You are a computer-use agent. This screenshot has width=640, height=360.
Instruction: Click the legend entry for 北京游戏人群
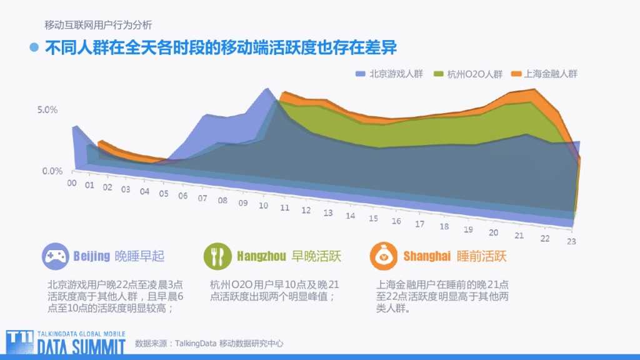(389, 74)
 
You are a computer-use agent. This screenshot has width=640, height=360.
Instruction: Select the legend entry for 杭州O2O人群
(468, 74)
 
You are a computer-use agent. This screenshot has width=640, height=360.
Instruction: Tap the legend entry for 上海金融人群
(544, 74)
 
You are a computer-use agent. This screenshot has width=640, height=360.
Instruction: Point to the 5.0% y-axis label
(47, 110)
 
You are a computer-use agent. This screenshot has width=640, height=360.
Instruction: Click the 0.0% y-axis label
(52, 171)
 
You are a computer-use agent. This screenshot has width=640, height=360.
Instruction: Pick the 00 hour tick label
(72, 182)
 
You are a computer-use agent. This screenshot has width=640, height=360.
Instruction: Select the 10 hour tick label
(263, 206)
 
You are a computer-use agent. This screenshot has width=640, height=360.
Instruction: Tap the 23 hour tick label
(571, 242)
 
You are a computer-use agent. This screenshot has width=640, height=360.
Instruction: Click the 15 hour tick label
(373, 219)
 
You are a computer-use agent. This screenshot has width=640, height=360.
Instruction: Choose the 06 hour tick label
(182, 196)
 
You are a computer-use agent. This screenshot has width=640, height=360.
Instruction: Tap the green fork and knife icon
(217, 256)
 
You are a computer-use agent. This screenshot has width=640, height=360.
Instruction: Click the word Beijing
(92, 256)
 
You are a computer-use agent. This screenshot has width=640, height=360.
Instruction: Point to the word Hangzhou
(261, 256)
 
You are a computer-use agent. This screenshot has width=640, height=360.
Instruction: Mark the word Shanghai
(427, 256)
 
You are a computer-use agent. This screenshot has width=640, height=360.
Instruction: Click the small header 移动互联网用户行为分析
(98, 26)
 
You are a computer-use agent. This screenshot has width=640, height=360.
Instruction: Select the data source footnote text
(209, 343)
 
